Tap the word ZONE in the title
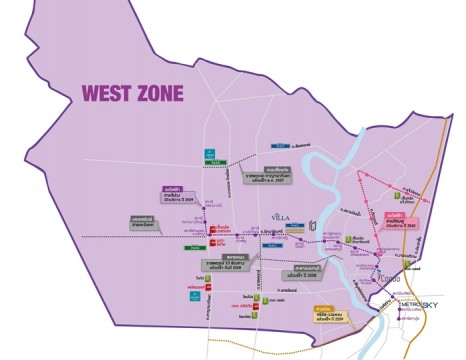pyautogui.click(x=159, y=94)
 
